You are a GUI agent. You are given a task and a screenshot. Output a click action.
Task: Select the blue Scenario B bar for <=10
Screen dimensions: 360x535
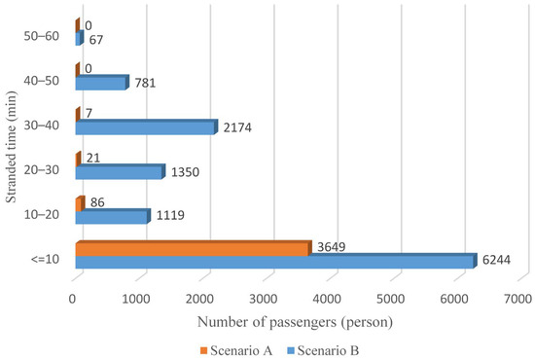pyautogui.click(x=274, y=262)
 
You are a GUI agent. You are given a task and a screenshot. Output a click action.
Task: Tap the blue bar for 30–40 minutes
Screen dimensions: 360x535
pyautogui.click(x=145, y=127)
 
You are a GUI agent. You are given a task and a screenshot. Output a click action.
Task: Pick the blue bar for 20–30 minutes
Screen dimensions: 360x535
pyautogui.click(x=119, y=172)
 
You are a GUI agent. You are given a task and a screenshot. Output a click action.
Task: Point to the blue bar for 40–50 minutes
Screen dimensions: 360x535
pyautogui.click(x=100, y=84)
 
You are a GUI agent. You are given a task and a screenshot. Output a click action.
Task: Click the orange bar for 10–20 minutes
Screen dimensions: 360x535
pyautogui.click(x=80, y=204)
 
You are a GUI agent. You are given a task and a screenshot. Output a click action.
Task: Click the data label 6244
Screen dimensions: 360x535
pyautogui.click(x=497, y=261)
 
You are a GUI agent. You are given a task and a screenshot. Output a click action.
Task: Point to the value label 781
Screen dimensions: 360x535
pyautogui.click(x=144, y=83)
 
